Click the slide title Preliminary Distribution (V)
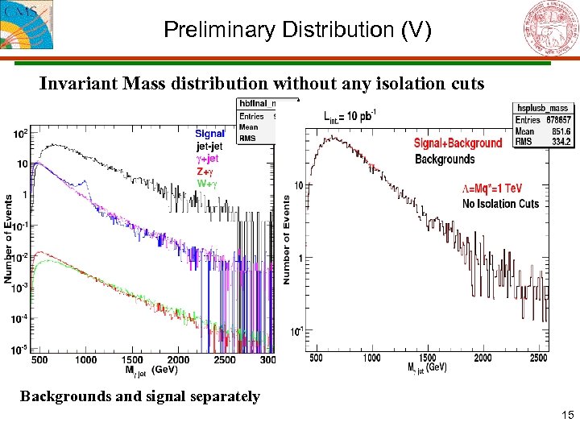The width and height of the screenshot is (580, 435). point(297,31)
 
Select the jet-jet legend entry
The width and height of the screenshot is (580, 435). point(209,147)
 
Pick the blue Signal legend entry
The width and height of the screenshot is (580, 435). point(210,134)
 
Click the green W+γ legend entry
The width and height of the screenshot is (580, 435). point(207,184)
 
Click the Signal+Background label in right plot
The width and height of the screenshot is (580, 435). point(458,143)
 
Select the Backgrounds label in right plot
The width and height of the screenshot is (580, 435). point(445,159)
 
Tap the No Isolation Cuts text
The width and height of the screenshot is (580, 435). point(500,204)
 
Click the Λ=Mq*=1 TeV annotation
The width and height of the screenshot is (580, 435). point(492,188)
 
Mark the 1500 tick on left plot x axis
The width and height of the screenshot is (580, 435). point(133,360)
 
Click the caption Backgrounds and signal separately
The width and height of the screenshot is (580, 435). point(140,396)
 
